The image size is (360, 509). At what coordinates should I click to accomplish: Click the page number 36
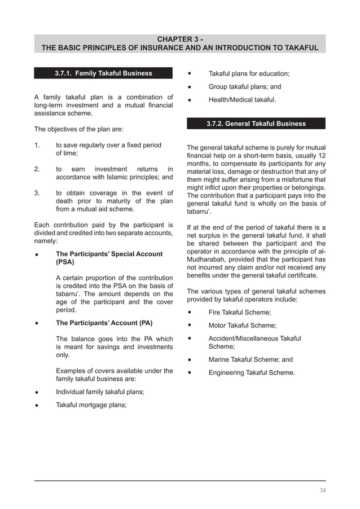pyautogui.click(x=322, y=490)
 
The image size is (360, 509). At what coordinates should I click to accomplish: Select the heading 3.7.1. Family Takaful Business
pyautogui.click(x=103, y=73)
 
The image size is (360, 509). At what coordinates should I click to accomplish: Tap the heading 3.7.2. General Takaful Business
pyautogui.click(x=256, y=124)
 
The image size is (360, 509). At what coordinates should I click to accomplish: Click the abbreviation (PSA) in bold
pyautogui.click(x=65, y=262)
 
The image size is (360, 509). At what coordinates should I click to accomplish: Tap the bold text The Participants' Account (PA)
pyautogui.click(x=104, y=323)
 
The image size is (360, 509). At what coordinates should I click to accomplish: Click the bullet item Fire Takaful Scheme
pyautogui.click(x=240, y=312)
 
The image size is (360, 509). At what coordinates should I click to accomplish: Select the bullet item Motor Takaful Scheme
pyautogui.click(x=242, y=326)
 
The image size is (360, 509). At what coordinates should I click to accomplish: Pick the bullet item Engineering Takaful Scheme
pyautogui.click(x=252, y=373)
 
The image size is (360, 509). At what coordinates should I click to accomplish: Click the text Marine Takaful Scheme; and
pyautogui.click(x=251, y=359)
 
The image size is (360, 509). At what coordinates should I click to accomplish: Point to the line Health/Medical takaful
pyautogui.click(x=242, y=100)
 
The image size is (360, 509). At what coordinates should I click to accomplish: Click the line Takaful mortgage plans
pyautogui.click(x=91, y=405)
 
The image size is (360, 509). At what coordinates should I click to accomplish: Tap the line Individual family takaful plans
pyautogui.click(x=100, y=392)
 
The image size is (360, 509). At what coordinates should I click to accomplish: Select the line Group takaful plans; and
pyautogui.click(x=244, y=87)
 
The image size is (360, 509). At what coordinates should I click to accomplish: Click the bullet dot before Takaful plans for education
pyautogui.click(x=190, y=73)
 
